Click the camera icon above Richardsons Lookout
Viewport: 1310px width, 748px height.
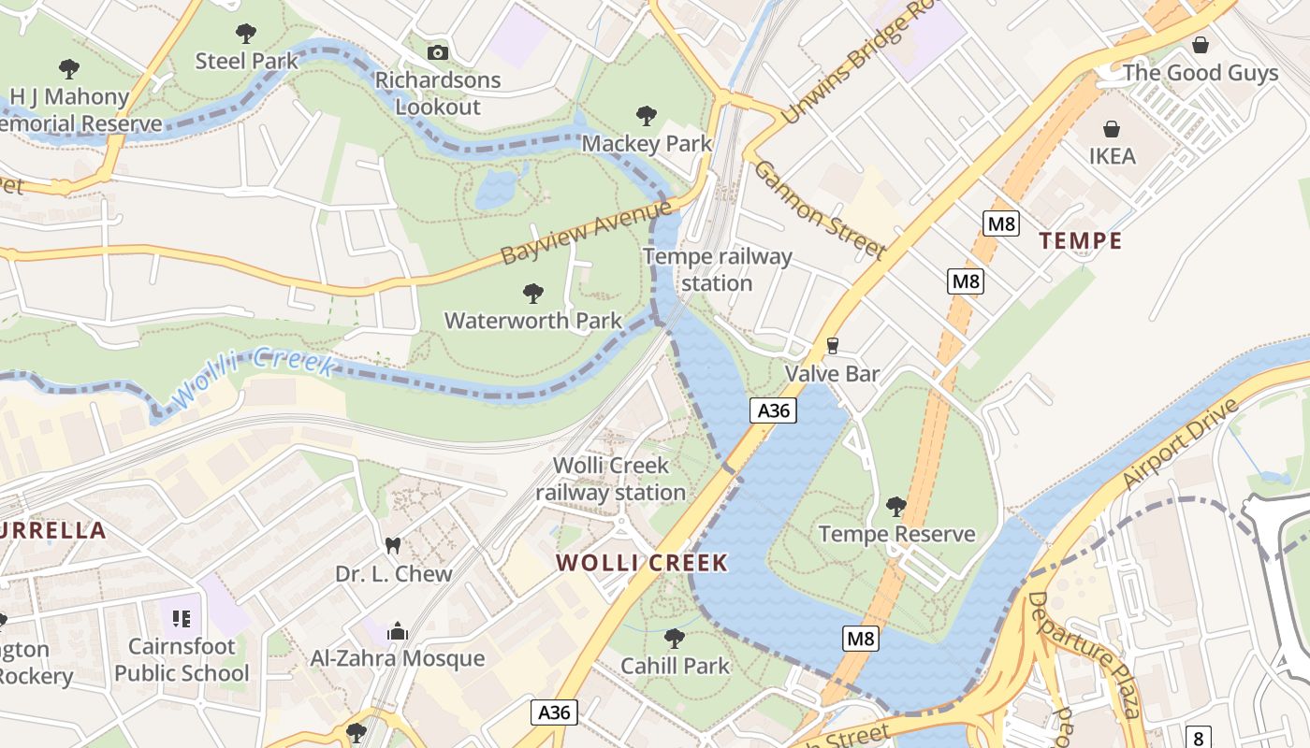click(x=437, y=53)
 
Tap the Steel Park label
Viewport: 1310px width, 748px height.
click(x=246, y=61)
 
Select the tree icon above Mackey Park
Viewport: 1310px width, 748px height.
click(x=646, y=116)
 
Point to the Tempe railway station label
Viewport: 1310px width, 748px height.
click(x=718, y=269)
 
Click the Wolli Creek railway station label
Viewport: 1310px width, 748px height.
click(x=611, y=479)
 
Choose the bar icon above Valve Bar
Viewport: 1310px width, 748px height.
click(x=832, y=346)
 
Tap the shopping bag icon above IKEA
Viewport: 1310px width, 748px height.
click(x=1112, y=129)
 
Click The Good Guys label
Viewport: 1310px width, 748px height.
click(x=1200, y=73)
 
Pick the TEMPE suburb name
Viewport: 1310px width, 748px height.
click(x=1081, y=241)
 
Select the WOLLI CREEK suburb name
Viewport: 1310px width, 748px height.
click(x=642, y=563)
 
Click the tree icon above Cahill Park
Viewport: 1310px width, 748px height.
click(x=674, y=639)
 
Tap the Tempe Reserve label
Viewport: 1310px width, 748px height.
click(x=896, y=534)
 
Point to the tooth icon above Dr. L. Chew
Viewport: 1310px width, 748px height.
click(x=393, y=545)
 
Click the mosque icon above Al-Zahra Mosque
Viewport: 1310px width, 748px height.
click(x=398, y=631)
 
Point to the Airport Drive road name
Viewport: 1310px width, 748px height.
click(x=1182, y=442)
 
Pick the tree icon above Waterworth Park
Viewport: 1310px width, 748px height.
click(x=532, y=294)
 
